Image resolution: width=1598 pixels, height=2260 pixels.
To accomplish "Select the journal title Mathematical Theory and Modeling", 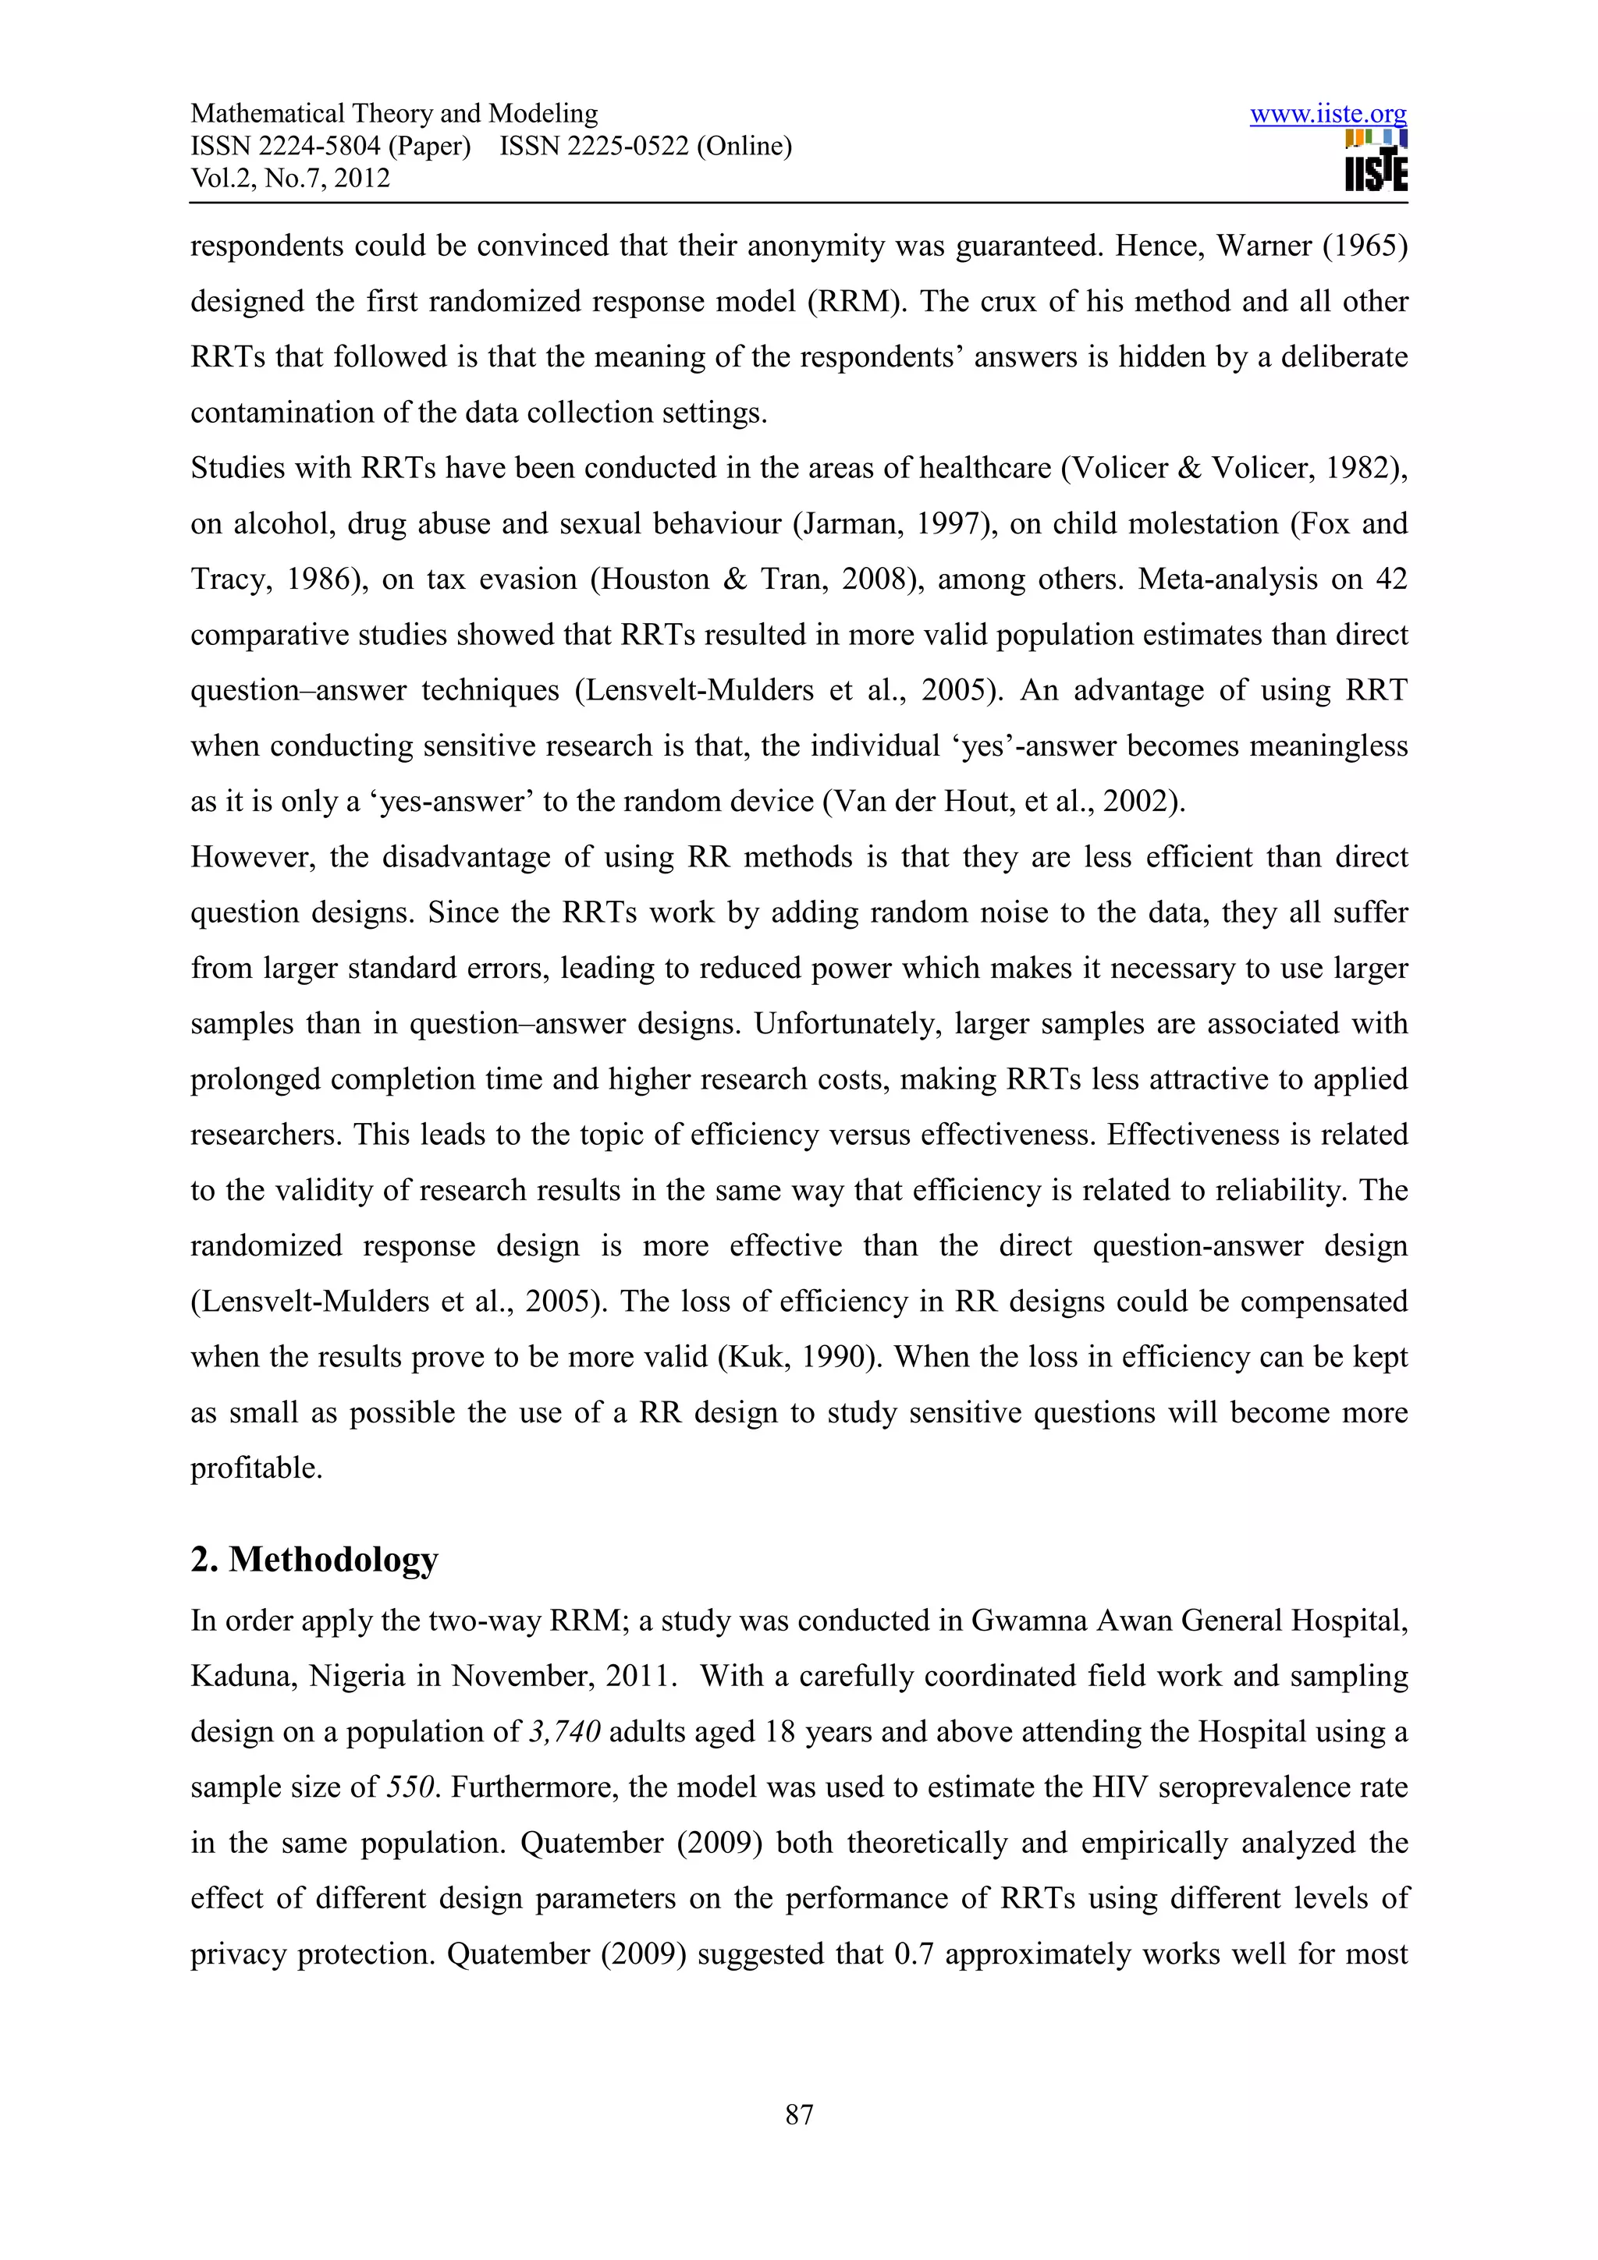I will (394, 114).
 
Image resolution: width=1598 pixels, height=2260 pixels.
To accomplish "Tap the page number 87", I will (798, 2113).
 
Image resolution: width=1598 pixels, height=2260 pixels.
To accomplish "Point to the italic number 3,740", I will (564, 1731).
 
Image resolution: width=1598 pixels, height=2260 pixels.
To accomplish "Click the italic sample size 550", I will (410, 1787).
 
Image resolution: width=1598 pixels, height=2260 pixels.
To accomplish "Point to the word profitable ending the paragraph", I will (256, 1468).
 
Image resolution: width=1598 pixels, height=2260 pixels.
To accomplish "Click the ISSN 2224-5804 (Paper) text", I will (330, 147).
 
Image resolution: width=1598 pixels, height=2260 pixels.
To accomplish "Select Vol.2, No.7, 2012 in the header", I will (290, 178).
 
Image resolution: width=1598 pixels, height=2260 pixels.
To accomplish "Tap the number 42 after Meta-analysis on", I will (1390, 579).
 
